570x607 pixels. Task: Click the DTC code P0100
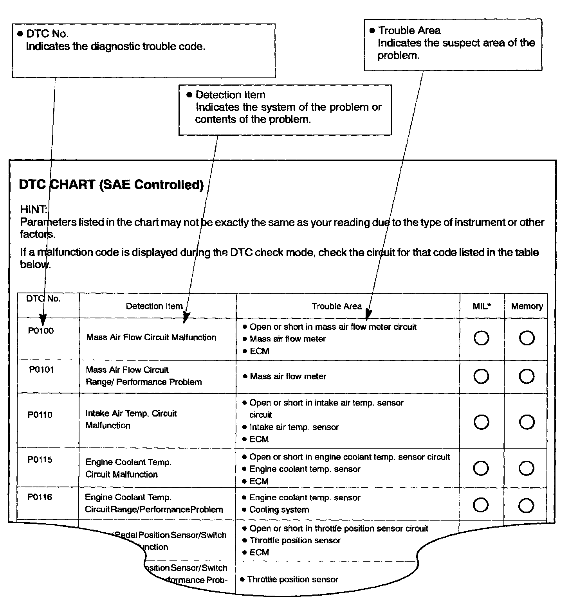point(41,331)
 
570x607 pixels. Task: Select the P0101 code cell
point(41,370)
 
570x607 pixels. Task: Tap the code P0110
point(40,415)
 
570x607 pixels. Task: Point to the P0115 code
point(40,460)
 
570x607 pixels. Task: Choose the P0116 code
point(40,497)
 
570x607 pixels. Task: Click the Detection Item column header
point(154,306)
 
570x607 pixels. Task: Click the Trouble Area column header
point(337,306)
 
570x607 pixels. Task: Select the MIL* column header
point(482,306)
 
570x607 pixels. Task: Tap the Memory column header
point(527,306)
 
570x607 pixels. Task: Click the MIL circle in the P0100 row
point(481,338)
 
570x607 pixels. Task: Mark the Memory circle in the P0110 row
point(527,422)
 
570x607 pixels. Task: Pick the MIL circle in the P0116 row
point(481,505)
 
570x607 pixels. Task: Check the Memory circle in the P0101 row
point(527,376)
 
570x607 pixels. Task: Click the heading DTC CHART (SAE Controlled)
point(111,185)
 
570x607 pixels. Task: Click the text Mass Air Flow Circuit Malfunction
point(151,337)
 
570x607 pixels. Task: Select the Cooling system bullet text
point(279,510)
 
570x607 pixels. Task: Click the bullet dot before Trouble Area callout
point(372,31)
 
